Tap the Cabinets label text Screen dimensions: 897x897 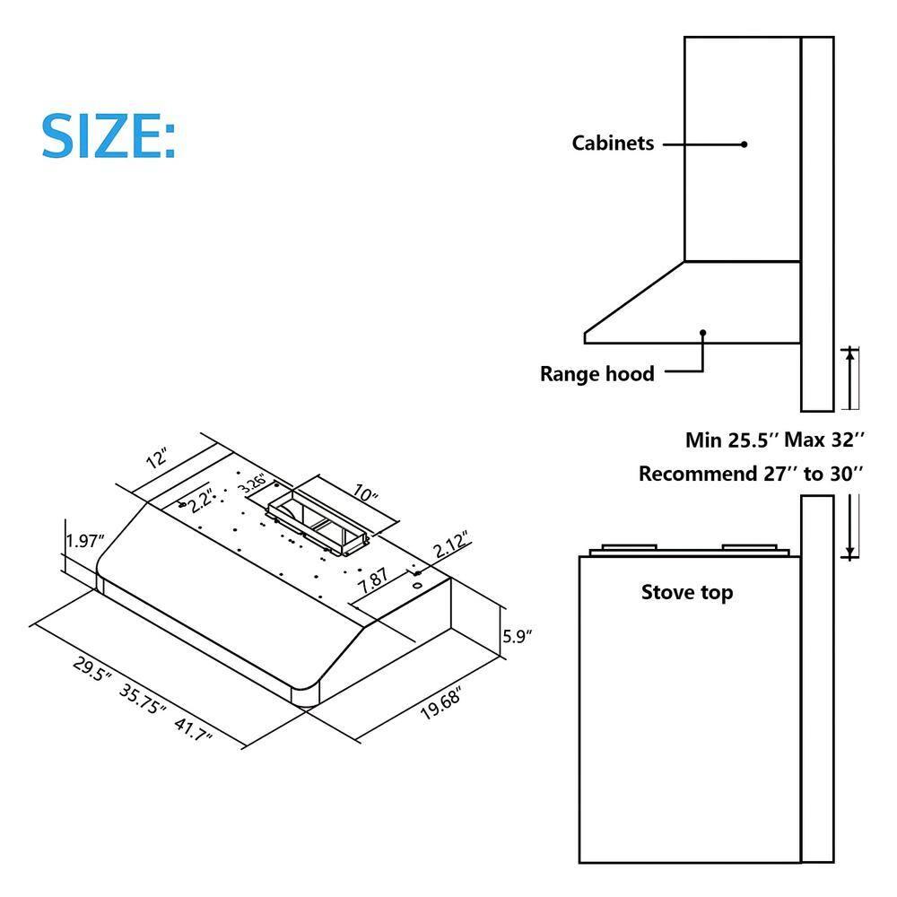[613, 144]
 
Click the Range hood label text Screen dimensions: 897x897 [597, 374]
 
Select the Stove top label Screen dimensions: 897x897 [686, 592]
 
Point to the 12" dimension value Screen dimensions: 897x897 [157, 459]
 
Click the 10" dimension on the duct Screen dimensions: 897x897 [366, 495]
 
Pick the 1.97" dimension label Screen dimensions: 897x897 [86, 541]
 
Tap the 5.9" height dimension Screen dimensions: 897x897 [518, 637]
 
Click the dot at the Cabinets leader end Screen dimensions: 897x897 [744, 144]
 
